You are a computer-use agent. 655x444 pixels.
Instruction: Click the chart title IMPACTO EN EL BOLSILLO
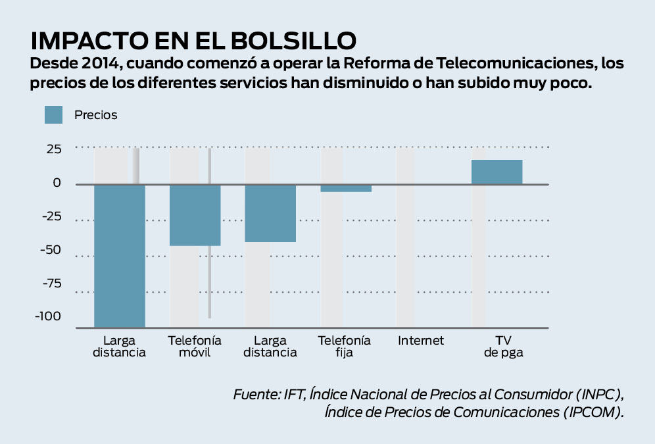(193, 40)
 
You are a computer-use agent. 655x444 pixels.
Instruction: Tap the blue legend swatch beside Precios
(53, 114)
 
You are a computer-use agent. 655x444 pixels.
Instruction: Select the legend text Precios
(95, 114)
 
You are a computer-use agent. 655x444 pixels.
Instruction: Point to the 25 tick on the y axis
(53, 149)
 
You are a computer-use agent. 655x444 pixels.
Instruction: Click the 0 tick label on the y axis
(57, 183)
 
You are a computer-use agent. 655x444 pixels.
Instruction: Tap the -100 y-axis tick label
(47, 316)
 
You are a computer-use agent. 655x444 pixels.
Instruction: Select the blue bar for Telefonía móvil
(195, 215)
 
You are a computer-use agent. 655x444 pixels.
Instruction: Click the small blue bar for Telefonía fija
(346, 188)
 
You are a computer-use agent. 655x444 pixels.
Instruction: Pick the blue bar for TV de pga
(497, 172)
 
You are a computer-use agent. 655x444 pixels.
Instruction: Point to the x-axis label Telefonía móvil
(195, 346)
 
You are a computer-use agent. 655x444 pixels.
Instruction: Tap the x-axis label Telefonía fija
(345, 346)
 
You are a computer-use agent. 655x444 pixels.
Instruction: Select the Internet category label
(421, 341)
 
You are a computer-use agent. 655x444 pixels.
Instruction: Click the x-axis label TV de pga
(504, 346)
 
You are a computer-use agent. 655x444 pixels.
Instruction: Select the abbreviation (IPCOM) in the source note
(593, 412)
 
